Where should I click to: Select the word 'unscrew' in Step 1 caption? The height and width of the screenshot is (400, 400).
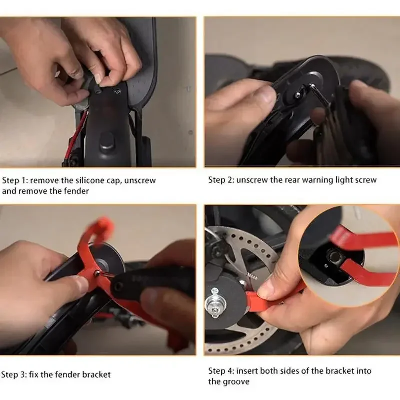[x=141, y=180]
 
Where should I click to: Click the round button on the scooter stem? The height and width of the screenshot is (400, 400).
[x=107, y=140]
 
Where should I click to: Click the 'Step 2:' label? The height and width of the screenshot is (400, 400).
[x=221, y=180]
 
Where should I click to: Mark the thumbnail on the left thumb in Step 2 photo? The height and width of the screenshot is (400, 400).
[x=264, y=94]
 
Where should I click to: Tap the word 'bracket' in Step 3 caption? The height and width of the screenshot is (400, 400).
[x=96, y=374]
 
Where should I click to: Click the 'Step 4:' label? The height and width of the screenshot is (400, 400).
[x=221, y=371]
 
